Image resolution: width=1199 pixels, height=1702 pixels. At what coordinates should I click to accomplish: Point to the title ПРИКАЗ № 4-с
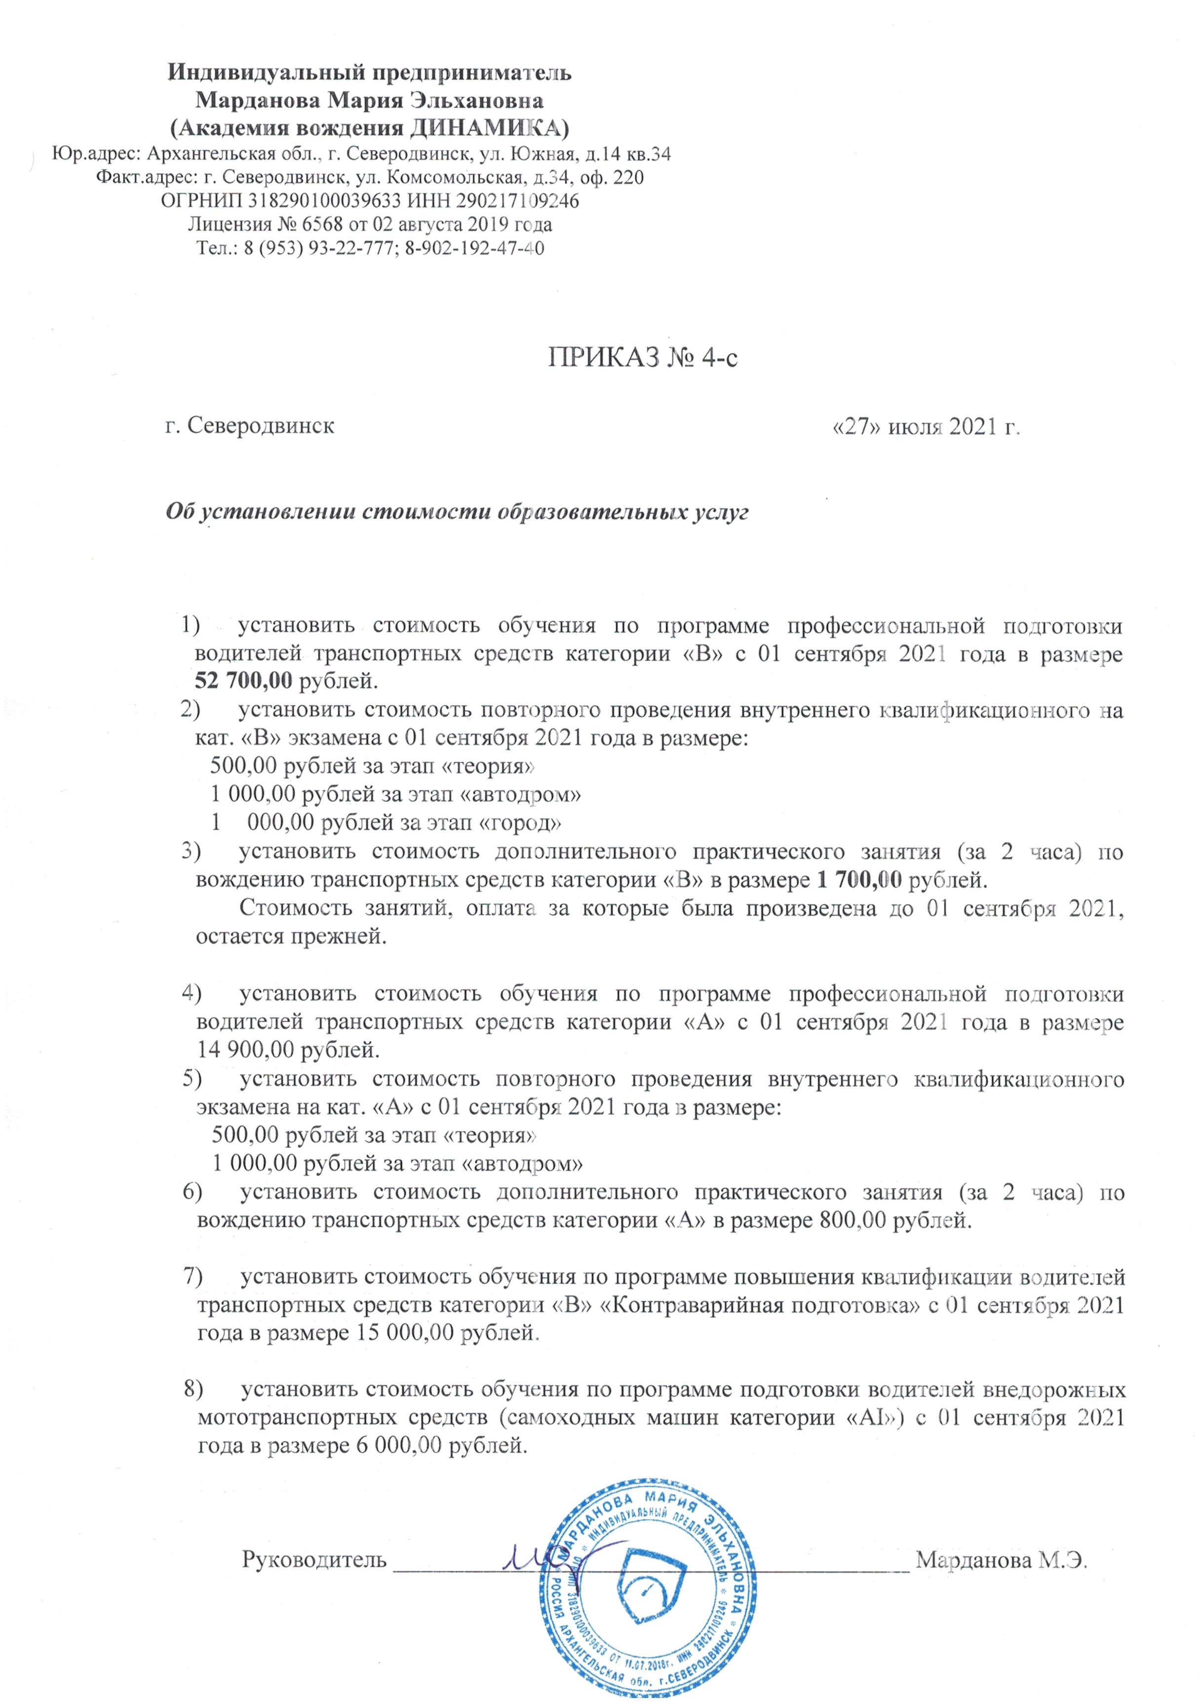[x=643, y=358]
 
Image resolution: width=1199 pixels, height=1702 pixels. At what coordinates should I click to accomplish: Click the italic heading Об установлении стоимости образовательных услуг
[x=457, y=512]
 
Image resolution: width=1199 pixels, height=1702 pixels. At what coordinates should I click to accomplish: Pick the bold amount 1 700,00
[x=859, y=880]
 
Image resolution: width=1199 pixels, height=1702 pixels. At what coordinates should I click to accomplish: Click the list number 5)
[x=192, y=1078]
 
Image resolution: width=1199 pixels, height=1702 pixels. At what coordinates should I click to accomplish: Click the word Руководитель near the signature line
[x=314, y=1559]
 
